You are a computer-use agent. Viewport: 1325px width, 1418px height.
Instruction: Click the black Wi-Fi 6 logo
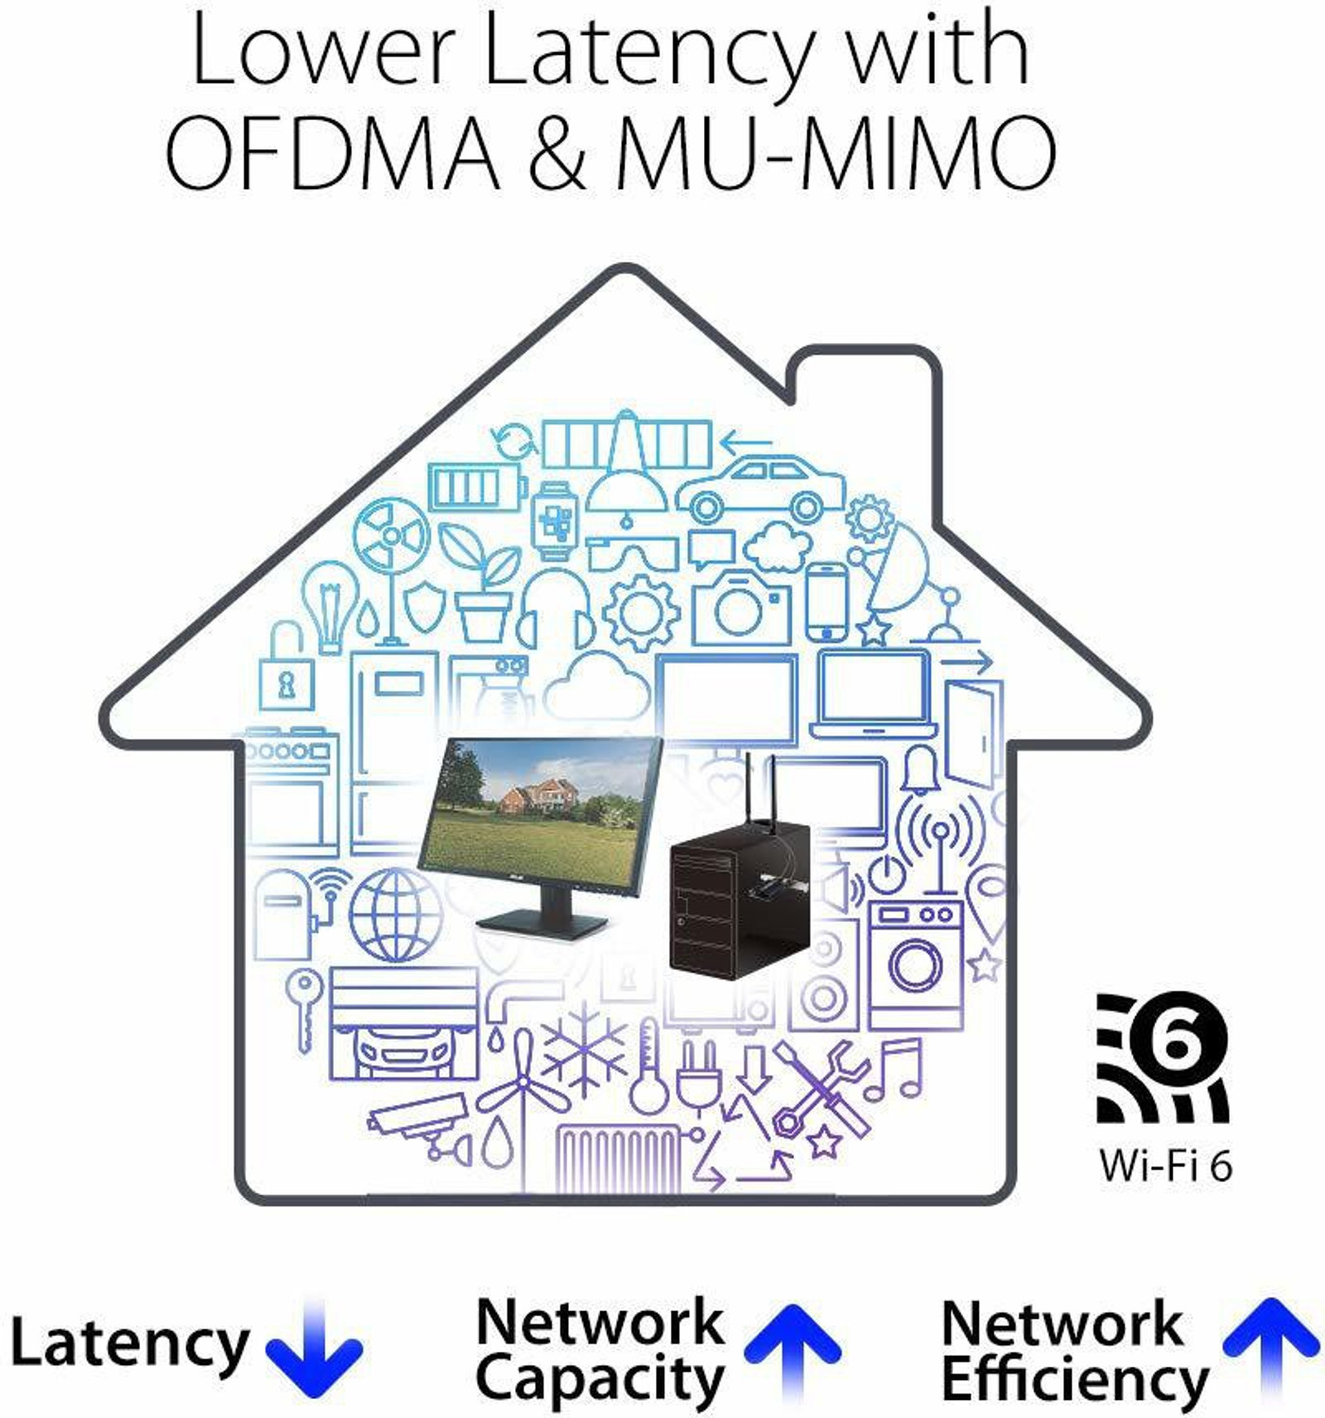pos(1163,1058)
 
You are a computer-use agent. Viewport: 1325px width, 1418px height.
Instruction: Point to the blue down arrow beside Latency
pos(314,1345)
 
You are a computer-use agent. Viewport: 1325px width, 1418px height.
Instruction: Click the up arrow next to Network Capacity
pos(792,1349)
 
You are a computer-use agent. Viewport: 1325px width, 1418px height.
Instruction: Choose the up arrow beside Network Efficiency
pos(1271,1348)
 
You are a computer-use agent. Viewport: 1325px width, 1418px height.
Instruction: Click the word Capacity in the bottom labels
pos(600,1378)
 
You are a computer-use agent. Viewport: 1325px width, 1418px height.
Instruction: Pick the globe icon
pos(395,915)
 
